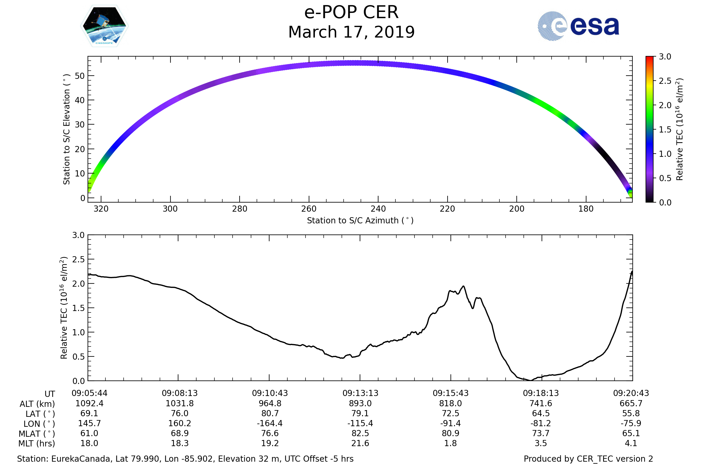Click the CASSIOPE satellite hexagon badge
pyautogui.click(x=104, y=26)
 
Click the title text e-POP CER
pyautogui.click(x=351, y=13)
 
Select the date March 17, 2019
pyautogui.click(x=351, y=32)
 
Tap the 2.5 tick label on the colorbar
pyautogui.click(x=665, y=81)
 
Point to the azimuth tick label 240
pyautogui.click(x=378, y=209)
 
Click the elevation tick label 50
pyautogui.click(x=80, y=76)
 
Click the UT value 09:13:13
pyautogui.click(x=360, y=393)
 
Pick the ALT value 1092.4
pyautogui.click(x=89, y=404)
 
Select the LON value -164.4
pyautogui.click(x=270, y=424)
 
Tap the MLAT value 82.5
pyautogui.click(x=360, y=434)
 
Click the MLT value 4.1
pyautogui.click(x=631, y=443)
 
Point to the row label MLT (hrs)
pyautogui.click(x=37, y=443)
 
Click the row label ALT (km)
pyautogui.click(x=37, y=404)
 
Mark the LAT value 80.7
pyautogui.click(x=270, y=413)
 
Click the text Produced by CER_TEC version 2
pyautogui.click(x=588, y=459)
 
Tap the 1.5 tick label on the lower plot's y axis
pyautogui.click(x=78, y=308)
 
